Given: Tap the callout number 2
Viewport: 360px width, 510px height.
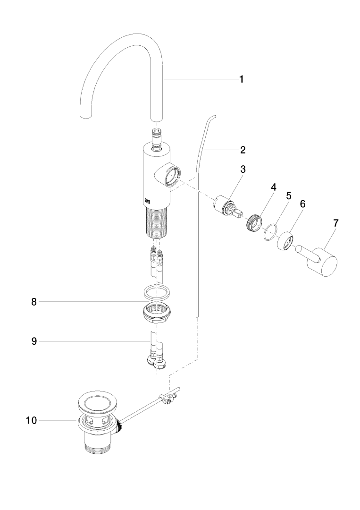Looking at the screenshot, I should coord(243,150).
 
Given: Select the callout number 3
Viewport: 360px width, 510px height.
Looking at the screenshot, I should coord(243,169).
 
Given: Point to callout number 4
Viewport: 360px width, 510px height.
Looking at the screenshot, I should coord(273,187).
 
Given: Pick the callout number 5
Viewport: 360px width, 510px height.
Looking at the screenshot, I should coord(289,195).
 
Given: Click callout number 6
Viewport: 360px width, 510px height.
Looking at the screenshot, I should coord(302,204).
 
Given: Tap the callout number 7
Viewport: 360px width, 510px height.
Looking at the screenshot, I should coord(335,222).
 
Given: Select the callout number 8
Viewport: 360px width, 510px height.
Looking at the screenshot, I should coord(34,302).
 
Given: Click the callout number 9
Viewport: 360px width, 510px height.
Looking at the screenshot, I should coord(34,341).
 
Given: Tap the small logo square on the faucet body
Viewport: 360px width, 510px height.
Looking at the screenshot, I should coord(147,201).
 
